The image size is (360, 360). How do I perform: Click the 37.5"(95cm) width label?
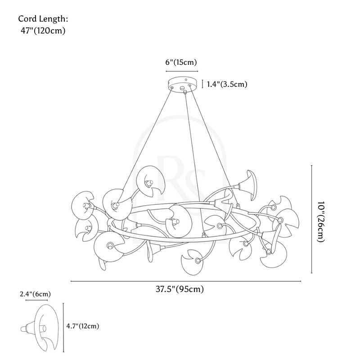[x=177, y=289]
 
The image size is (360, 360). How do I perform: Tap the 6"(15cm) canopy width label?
[x=182, y=63]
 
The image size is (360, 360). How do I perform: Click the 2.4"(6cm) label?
[x=35, y=294]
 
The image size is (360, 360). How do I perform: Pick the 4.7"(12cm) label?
[x=82, y=326]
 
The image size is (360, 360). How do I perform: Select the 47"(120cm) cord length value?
[x=43, y=31]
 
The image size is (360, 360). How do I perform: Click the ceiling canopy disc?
[x=182, y=84]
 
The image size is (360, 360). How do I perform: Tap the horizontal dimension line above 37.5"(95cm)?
[x=186, y=282]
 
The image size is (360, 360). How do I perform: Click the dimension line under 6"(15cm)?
[x=182, y=71]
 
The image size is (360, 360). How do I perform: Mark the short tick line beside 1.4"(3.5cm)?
[x=203, y=84]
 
